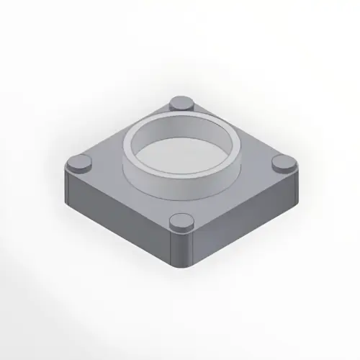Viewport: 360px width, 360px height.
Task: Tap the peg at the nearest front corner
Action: (181, 224)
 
